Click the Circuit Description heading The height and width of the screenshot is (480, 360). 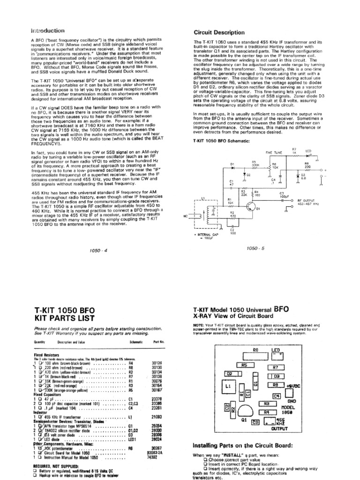[x=219, y=32]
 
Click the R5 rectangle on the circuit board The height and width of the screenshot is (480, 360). [x=244, y=365]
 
